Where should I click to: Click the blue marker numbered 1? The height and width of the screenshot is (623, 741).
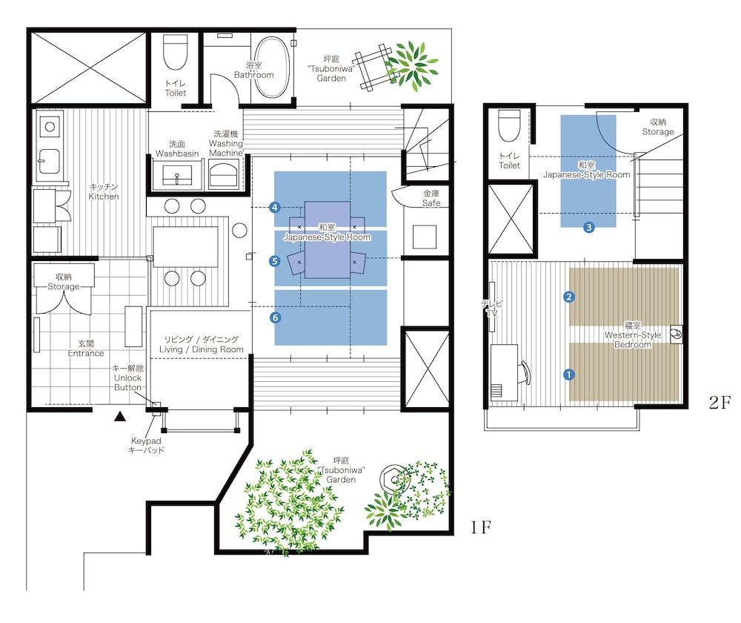click(569, 375)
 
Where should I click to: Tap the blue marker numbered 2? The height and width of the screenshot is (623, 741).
click(569, 297)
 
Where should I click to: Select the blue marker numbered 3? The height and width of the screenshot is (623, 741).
click(589, 228)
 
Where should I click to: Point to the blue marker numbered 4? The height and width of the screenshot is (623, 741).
click(275, 208)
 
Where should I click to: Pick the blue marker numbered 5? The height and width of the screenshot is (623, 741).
click(275, 260)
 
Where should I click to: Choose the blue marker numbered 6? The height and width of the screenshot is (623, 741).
click(275, 317)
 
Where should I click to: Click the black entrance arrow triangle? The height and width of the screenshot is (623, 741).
click(118, 418)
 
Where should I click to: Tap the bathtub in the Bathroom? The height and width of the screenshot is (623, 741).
click(273, 67)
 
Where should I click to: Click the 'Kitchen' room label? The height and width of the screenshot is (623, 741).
click(104, 192)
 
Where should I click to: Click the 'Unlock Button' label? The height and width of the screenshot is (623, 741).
click(127, 378)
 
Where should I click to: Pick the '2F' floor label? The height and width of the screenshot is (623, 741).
click(720, 403)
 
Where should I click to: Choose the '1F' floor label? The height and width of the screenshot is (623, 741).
click(481, 528)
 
